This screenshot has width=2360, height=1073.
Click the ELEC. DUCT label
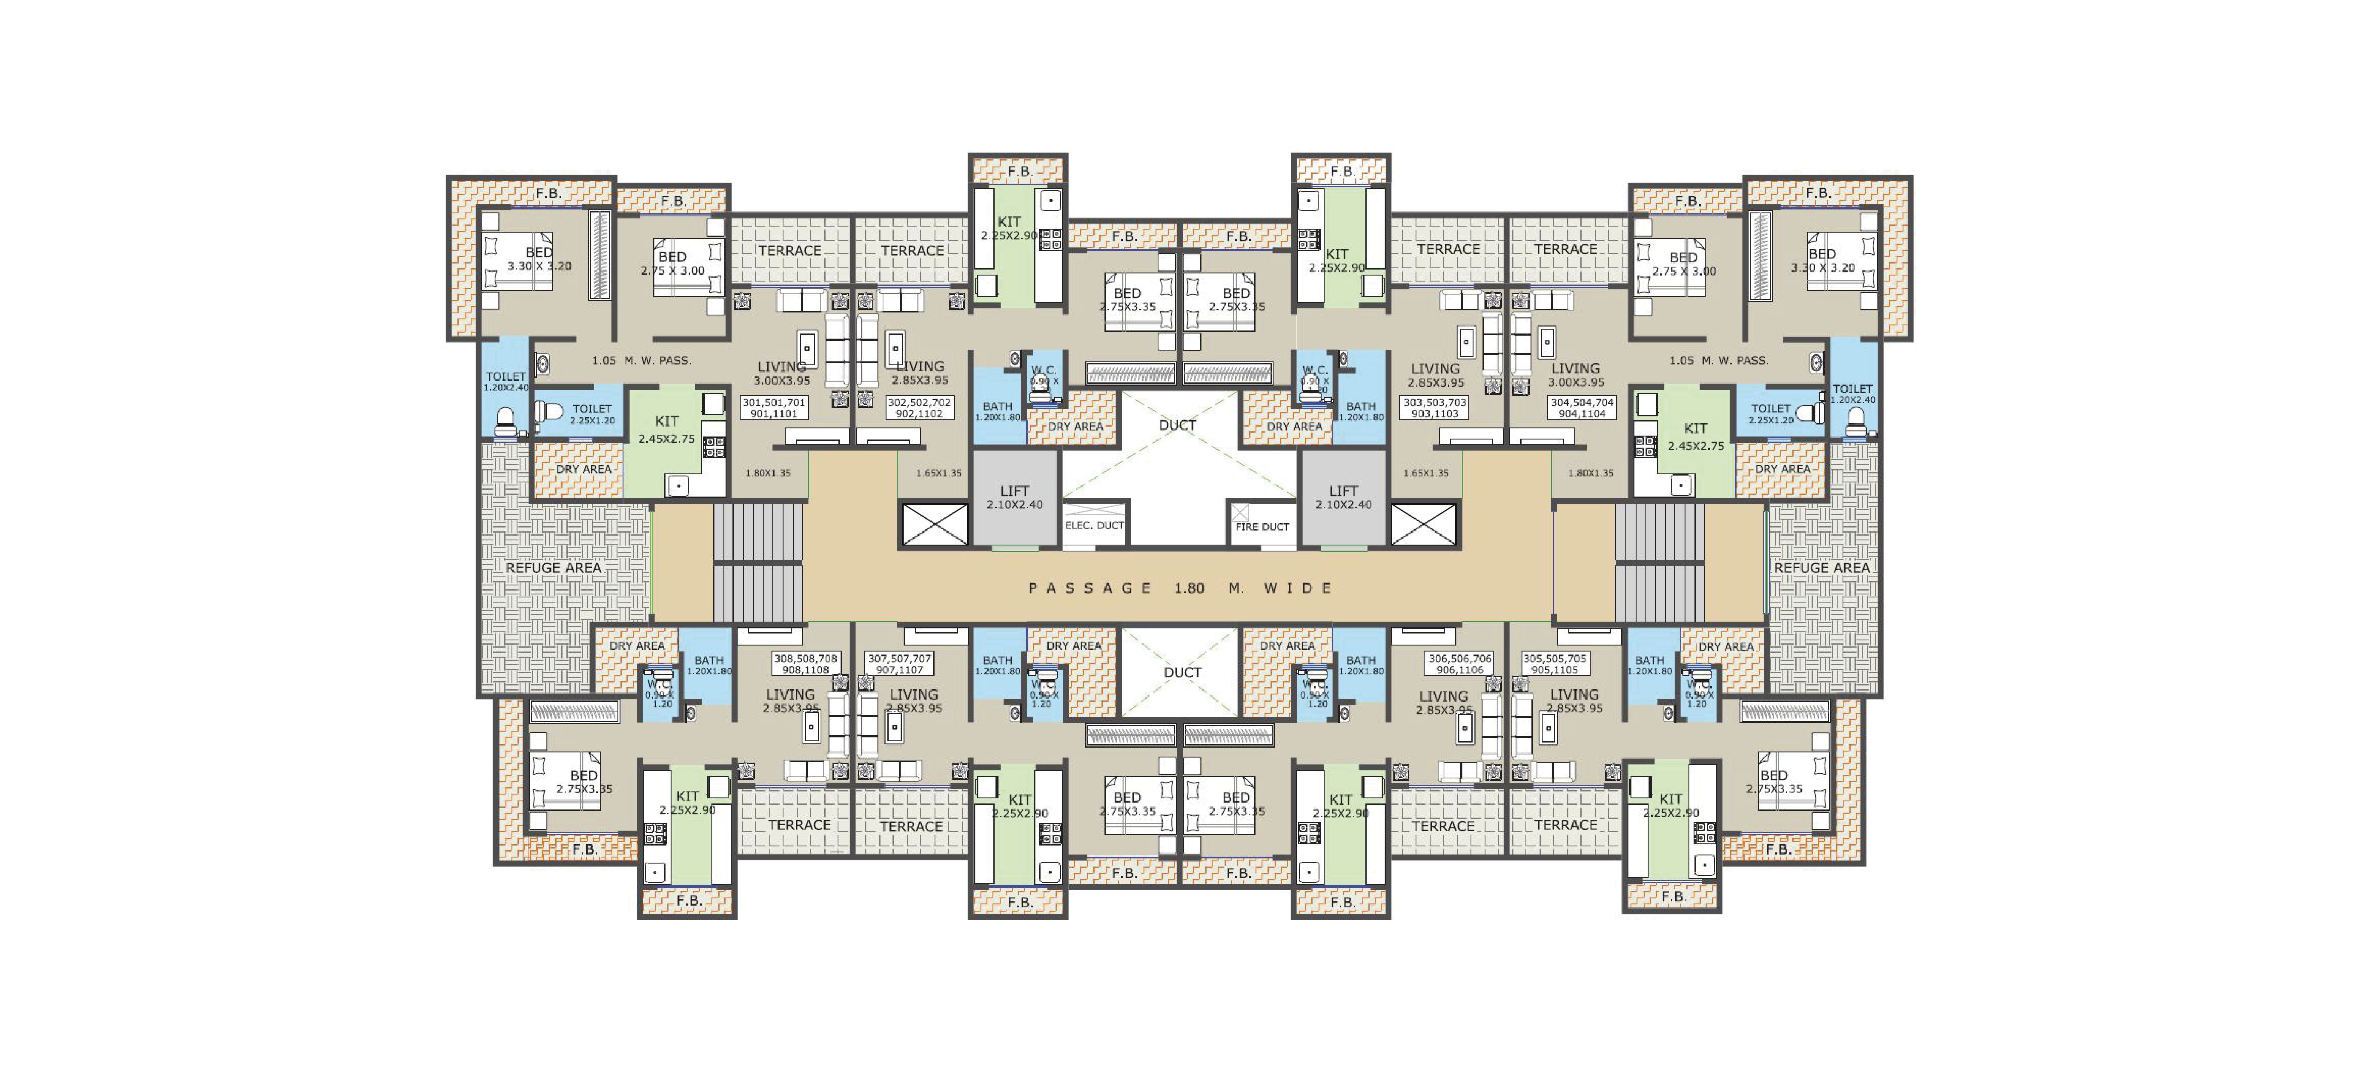tap(1094, 526)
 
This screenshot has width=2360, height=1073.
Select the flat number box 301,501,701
tap(774, 408)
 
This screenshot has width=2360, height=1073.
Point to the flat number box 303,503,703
tap(1435, 408)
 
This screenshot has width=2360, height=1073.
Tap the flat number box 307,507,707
tap(900, 664)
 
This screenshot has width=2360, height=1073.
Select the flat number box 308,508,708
tap(805, 664)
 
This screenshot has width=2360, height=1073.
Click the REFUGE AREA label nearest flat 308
tap(554, 568)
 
